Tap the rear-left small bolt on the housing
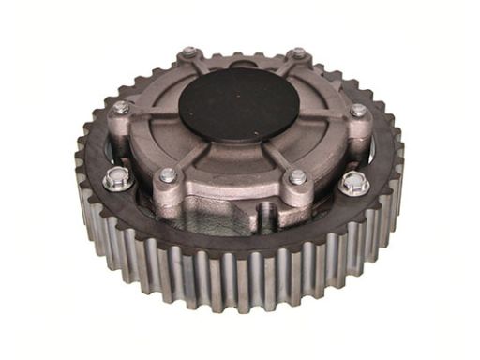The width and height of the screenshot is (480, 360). click(x=188, y=53)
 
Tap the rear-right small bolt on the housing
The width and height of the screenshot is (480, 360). click(x=298, y=54)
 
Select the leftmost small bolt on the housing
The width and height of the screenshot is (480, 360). click(x=122, y=108)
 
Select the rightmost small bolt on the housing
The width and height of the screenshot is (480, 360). click(x=358, y=110)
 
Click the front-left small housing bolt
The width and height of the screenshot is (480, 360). click(x=168, y=174)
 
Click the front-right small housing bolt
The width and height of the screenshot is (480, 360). click(x=297, y=176)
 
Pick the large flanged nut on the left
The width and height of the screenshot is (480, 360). click(x=116, y=179)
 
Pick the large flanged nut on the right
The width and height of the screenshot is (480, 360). click(x=354, y=182)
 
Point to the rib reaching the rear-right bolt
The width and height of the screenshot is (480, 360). click(x=285, y=67)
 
